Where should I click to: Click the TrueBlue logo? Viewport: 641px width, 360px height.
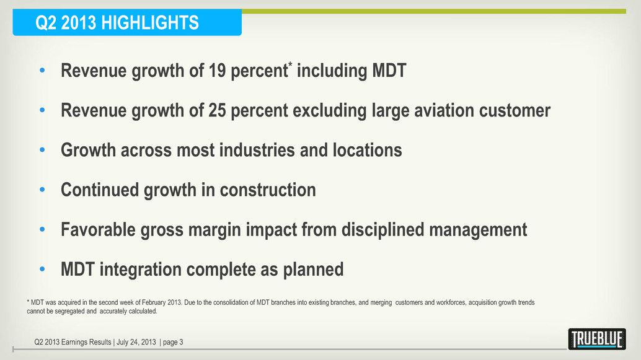pyautogui.click(x=596, y=339)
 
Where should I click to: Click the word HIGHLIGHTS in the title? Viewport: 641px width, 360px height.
pyautogui.click(x=151, y=24)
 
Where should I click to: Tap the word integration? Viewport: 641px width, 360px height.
pyautogui.click(x=143, y=270)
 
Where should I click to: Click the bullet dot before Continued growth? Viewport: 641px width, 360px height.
pyautogui.click(x=42, y=190)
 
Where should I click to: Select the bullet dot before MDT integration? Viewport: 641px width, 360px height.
pyautogui.click(x=42, y=270)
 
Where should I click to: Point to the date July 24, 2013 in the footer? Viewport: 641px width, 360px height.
pyautogui.click(x=135, y=342)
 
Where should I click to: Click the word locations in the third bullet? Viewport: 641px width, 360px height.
pyautogui.click(x=367, y=151)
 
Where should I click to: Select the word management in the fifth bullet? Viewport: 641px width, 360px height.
pyautogui.click(x=477, y=230)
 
